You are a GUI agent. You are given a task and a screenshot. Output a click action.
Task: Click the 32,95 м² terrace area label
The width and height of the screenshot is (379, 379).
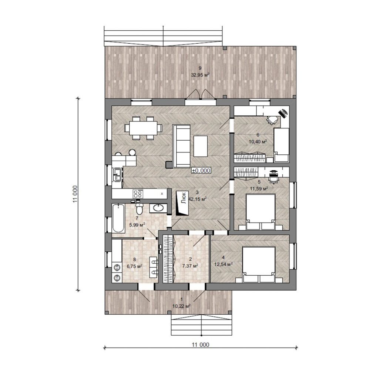pyautogui.click(x=200, y=75)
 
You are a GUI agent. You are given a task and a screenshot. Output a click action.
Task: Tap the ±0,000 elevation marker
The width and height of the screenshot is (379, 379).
pyautogui.click(x=201, y=170)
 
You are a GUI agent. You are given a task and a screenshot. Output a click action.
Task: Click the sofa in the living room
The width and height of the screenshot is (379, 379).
pyautogui.click(x=181, y=146)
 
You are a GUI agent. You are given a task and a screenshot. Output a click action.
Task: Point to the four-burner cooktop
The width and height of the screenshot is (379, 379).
pyautogui.click(x=138, y=194)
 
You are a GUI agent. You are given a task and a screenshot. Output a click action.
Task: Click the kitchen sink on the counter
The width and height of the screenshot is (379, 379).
pyautogui.click(x=118, y=175)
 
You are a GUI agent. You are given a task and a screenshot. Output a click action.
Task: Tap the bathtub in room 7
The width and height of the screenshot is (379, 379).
pyautogui.click(x=118, y=218)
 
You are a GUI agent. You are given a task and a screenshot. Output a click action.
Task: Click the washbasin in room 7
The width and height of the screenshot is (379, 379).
pyautogui.click(x=158, y=208)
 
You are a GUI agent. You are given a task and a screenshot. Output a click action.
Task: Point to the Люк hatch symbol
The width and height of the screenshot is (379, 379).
pyautogui.click(x=182, y=203)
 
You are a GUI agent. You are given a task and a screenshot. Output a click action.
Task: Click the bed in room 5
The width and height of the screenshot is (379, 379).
pyautogui.click(x=260, y=212)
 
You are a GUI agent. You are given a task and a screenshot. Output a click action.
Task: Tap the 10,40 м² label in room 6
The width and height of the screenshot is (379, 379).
pyautogui.click(x=258, y=142)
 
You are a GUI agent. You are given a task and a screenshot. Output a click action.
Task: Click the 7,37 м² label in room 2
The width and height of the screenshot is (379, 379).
pyautogui.click(x=190, y=266)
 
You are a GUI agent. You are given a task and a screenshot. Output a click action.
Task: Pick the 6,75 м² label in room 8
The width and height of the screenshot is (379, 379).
pyautogui.click(x=134, y=266)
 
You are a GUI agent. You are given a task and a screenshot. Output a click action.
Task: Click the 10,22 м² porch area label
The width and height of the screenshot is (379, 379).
pyautogui.click(x=181, y=306)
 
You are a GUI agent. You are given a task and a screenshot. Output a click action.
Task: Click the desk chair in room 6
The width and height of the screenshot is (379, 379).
pyautogui.click(x=272, y=120)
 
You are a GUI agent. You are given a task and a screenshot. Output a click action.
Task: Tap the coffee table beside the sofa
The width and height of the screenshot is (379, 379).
pyautogui.click(x=201, y=146)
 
